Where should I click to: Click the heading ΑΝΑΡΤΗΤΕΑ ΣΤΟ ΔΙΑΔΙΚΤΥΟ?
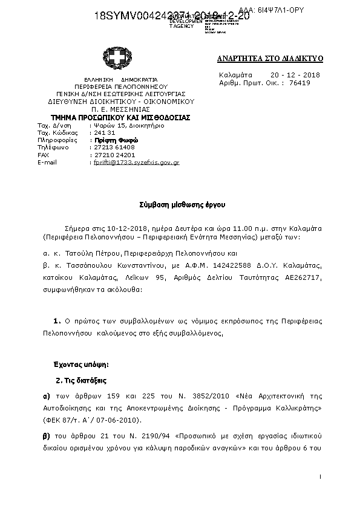pyautogui.click(x=270, y=59)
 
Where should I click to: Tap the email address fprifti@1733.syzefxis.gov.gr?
pyautogui.click(x=134, y=163)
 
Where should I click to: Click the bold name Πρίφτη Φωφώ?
pyautogui.click(x=112, y=140)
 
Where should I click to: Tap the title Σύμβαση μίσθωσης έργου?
pyautogui.click(x=179, y=205)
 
